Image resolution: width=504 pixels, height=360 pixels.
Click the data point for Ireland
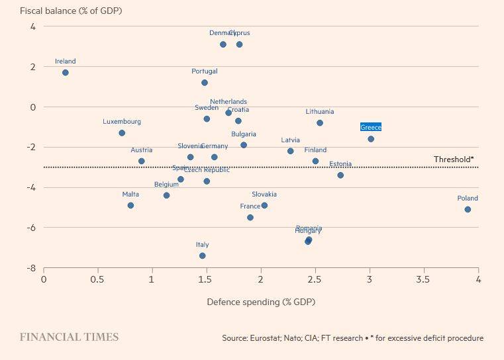tap(66, 73)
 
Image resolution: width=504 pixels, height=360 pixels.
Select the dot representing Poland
tap(468, 209)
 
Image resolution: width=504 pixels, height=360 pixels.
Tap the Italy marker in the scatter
tap(203, 255)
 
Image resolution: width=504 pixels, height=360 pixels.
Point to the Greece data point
tap(371, 139)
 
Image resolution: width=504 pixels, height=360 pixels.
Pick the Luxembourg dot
tap(122, 133)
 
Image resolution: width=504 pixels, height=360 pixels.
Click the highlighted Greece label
tap(371, 127)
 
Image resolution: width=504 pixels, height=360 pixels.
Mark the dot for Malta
tap(130, 205)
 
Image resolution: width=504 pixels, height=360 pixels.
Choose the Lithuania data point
tap(320, 123)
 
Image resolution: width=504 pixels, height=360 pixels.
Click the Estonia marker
tap(340, 175)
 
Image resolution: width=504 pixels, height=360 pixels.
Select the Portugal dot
tap(205, 83)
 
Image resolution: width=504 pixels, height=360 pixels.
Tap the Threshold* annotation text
tap(454, 159)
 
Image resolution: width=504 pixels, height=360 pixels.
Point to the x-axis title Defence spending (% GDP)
tap(261, 302)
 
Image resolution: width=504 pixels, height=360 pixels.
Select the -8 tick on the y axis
tap(31, 268)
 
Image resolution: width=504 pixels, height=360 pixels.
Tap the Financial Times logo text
tap(69, 337)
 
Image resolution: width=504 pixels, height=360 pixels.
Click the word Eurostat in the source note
tap(269, 338)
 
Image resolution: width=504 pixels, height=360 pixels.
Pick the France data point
tap(250, 217)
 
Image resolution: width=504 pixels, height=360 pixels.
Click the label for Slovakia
tap(264, 195)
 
